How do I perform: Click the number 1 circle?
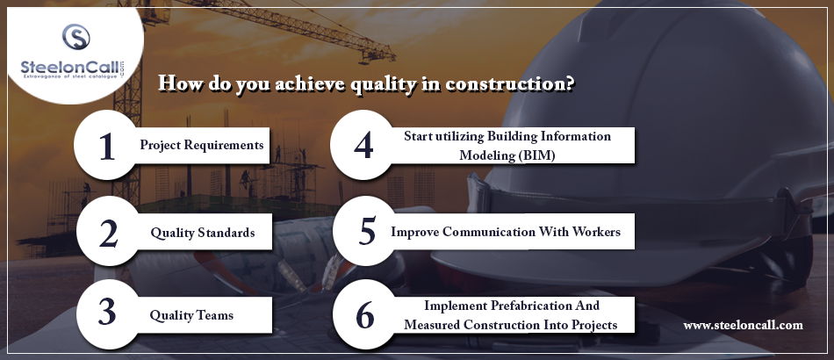click(109, 145)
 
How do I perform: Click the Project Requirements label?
click(202, 145)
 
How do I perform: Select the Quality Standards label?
click(202, 233)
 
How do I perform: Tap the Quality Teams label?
click(191, 315)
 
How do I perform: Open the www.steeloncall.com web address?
click(743, 326)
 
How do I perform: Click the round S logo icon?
click(76, 37)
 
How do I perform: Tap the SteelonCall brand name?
click(69, 68)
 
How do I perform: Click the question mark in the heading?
click(569, 83)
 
